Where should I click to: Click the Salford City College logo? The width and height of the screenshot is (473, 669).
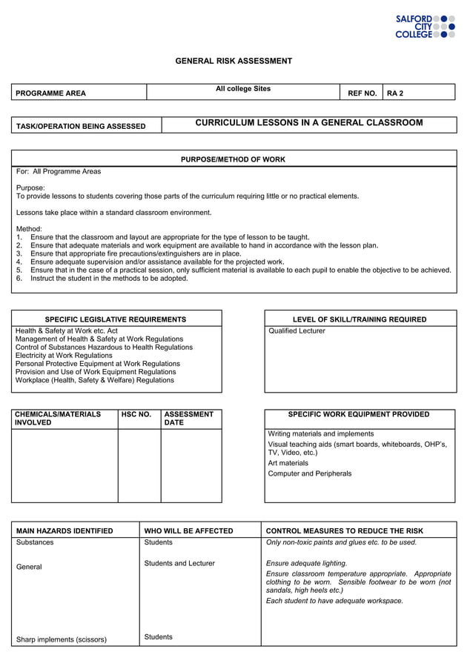coord(425,26)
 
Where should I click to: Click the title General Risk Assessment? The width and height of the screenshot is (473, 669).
coord(234,61)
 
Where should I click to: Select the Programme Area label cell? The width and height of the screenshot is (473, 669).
coord(51,93)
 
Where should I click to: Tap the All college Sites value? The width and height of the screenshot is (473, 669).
coord(243,89)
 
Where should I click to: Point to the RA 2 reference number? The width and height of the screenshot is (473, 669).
coord(395,93)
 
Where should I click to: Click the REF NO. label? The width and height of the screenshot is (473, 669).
coord(363,93)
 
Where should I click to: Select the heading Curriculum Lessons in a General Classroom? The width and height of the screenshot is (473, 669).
coord(308,122)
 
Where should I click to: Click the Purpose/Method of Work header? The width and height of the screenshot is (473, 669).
coord(233,159)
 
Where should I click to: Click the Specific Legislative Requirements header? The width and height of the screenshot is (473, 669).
coord(116,319)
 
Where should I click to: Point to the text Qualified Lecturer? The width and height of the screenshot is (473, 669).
coord(297,331)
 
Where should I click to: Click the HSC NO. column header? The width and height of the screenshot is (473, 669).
coord(136,415)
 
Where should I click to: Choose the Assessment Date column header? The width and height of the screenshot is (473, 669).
coord(189,419)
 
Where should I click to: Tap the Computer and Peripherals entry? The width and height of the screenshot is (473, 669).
coord(309,473)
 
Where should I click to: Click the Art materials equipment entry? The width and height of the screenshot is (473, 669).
coord(288,463)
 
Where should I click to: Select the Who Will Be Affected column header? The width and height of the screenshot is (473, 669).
coord(188,530)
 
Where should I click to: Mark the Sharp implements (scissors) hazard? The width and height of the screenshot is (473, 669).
coord(62,639)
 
